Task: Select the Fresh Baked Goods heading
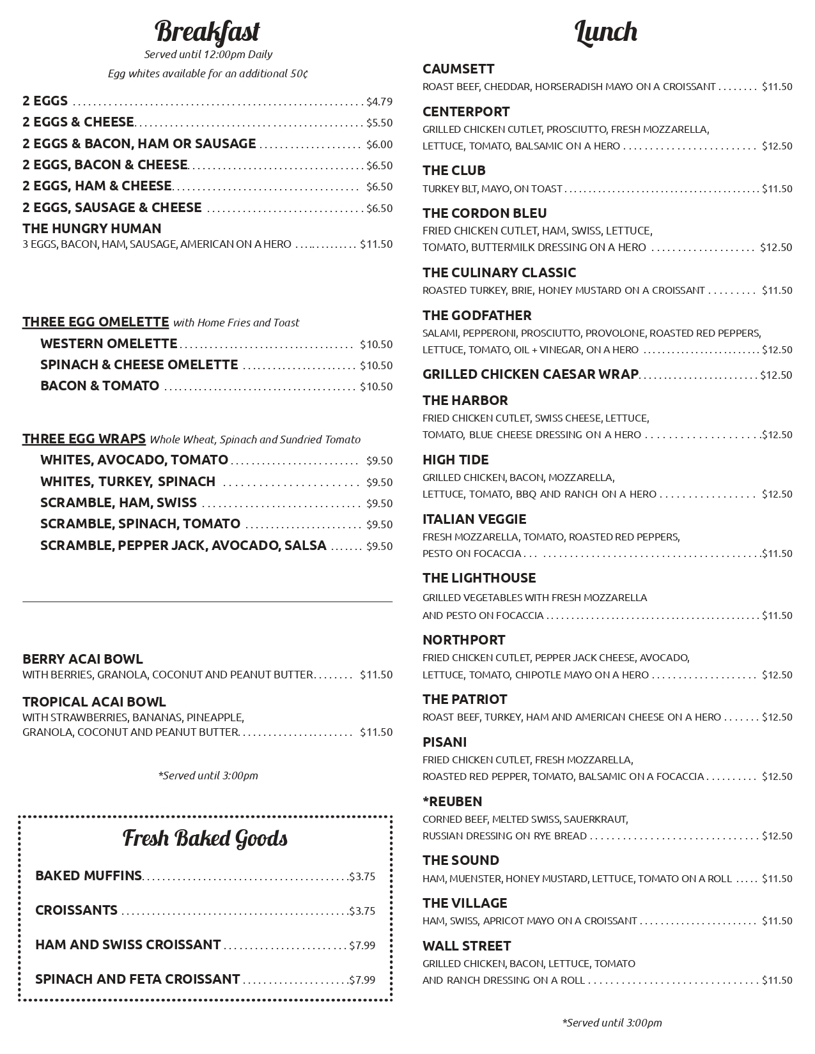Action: click(205, 838)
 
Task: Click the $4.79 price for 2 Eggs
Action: click(379, 102)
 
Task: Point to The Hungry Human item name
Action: click(92, 228)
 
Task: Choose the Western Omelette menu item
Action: click(109, 344)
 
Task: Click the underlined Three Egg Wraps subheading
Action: click(84, 439)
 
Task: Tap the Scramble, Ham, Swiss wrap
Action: click(118, 503)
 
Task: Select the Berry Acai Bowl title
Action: click(82, 659)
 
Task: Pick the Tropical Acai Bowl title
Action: click(94, 701)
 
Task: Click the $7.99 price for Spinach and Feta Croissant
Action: click(362, 980)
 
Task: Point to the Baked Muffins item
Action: click(88, 876)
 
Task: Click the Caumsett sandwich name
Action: click(458, 69)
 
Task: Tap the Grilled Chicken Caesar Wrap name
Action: click(530, 374)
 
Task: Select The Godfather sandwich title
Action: click(477, 316)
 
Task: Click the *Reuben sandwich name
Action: click(453, 802)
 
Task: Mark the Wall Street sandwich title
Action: click(467, 946)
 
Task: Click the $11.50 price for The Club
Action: click(777, 189)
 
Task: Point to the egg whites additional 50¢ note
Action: click(208, 73)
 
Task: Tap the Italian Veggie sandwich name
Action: click(474, 519)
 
